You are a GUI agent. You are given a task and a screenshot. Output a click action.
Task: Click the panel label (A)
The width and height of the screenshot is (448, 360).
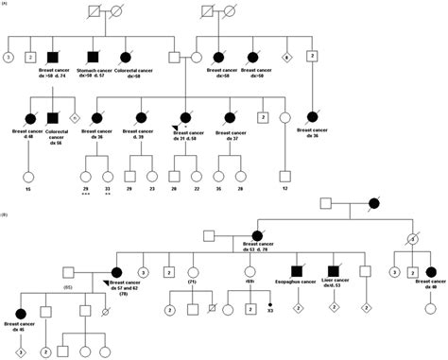(7, 6)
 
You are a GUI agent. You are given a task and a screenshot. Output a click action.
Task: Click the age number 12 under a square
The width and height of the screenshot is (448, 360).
(284, 191)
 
